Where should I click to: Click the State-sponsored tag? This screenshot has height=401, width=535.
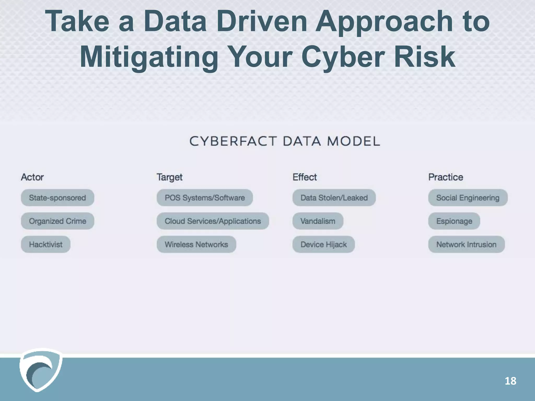pos(57,198)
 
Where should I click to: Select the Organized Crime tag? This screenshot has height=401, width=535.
pos(57,221)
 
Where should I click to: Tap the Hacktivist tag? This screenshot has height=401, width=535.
pos(46,244)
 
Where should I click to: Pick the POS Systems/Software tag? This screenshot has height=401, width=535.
pos(205,198)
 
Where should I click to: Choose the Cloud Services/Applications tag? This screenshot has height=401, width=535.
pos(213,221)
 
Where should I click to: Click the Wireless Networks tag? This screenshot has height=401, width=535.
pos(196,244)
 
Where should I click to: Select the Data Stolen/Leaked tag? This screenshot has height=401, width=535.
pos(334,198)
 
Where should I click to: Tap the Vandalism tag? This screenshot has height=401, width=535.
pos(318,221)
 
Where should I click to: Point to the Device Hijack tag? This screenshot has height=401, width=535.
pos(323,244)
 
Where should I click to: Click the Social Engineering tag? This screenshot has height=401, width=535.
pos(468,198)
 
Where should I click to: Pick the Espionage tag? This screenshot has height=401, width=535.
pos(454,221)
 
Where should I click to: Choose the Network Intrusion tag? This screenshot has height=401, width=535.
pos(466,244)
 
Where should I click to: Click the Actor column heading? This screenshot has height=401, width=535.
pos(32,177)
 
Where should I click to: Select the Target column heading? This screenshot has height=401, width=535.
pos(170,177)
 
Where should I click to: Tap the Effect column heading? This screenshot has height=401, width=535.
pos(305,177)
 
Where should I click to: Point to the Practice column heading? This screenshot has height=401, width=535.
pos(446,177)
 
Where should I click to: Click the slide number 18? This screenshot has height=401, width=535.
pos(510,381)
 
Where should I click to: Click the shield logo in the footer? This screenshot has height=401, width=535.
pos(40,370)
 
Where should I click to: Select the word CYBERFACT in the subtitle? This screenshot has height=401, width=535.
pos(233,141)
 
